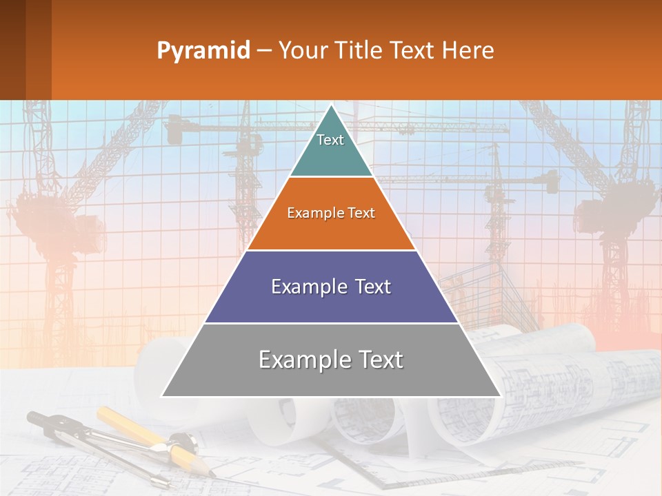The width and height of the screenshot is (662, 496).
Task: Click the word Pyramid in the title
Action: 203,51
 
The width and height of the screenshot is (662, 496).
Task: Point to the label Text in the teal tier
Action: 330,140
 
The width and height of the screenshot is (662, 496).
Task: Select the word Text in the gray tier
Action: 378,360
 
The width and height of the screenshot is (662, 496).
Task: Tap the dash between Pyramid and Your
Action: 263,51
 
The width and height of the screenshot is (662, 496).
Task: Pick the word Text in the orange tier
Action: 361,213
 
